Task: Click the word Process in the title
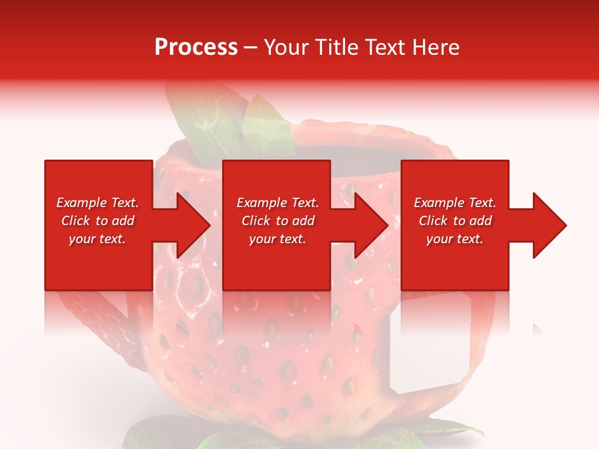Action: [196, 47]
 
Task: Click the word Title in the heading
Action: [336, 47]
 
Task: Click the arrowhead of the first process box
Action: [193, 225]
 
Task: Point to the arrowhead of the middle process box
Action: [372, 225]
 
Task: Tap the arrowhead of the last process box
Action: [549, 225]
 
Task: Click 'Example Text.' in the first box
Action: [98, 203]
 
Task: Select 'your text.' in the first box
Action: [98, 239]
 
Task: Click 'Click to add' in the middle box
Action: [278, 221]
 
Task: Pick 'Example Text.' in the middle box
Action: [278, 203]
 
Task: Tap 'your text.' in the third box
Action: [455, 239]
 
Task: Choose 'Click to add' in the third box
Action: [455, 221]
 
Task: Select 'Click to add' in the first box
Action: [98, 221]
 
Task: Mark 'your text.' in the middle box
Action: [278, 239]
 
